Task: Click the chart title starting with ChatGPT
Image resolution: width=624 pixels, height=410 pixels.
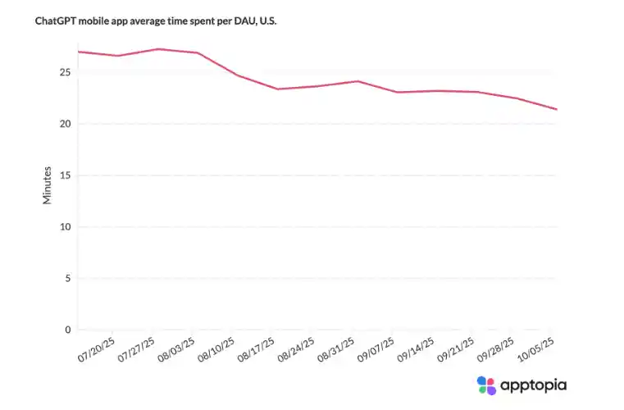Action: [156, 20]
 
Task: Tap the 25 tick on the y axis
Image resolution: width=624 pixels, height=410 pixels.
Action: [65, 73]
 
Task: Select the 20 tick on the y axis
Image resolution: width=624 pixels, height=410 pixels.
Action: [65, 124]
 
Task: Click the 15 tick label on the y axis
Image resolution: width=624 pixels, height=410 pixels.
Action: [65, 175]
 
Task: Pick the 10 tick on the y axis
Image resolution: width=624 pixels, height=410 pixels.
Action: [65, 227]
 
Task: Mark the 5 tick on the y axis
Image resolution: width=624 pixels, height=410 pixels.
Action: [68, 279]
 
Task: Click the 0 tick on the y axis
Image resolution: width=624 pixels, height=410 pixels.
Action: [68, 330]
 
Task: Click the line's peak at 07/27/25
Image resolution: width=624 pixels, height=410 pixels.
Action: [157, 49]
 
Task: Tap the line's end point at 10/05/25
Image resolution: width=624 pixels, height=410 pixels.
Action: [556, 109]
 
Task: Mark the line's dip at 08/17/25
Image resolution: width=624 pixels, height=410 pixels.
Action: [277, 89]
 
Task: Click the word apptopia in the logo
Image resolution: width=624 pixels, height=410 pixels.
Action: [534, 385]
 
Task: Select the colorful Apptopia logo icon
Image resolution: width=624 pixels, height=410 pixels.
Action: [486, 385]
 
